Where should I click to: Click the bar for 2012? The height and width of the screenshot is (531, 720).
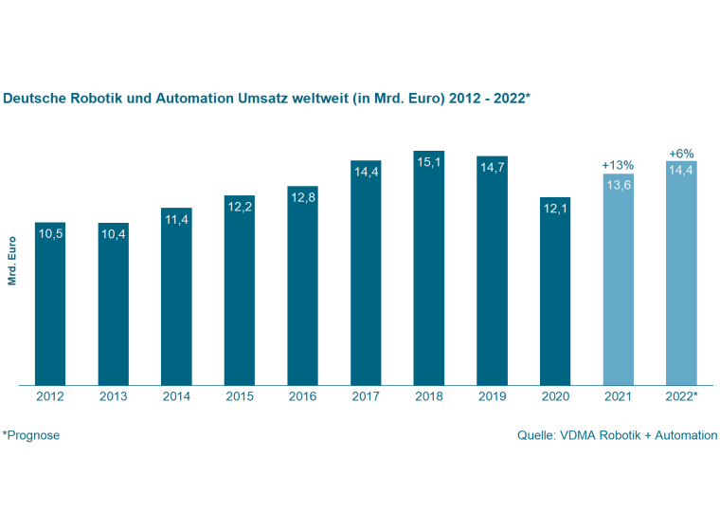click(50, 303)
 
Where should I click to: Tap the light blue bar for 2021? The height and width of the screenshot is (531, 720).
click(619, 280)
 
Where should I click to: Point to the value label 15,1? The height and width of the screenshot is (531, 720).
click(429, 162)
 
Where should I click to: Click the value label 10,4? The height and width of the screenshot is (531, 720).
click(114, 234)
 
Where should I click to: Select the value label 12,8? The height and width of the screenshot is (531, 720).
click(303, 197)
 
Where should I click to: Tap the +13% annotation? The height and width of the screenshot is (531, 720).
click(619, 165)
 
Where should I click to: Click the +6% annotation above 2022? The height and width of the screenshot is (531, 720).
click(682, 153)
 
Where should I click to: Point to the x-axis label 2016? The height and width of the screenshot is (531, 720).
click(303, 396)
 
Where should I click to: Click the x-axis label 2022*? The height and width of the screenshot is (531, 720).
click(682, 396)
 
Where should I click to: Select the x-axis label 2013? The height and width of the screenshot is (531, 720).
click(114, 396)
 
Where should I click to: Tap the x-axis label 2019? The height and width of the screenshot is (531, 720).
click(493, 396)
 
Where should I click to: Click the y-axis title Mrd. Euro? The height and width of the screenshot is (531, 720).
click(12, 261)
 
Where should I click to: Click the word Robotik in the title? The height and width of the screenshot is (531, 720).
click(99, 99)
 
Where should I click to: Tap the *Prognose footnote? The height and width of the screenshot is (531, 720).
click(31, 435)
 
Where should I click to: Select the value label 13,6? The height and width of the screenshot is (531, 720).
click(619, 185)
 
